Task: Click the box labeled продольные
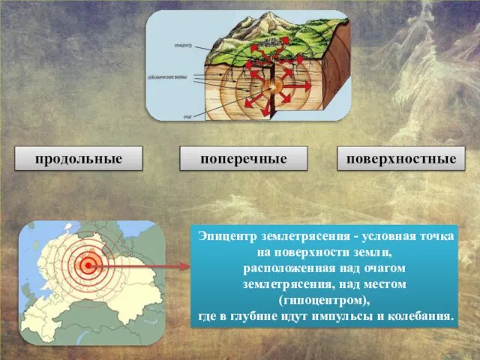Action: (x=78, y=159)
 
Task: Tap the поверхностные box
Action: (x=401, y=159)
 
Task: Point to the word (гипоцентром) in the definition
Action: (x=323, y=300)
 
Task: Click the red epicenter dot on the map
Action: (x=89, y=264)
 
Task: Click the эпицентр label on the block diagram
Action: (x=183, y=45)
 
